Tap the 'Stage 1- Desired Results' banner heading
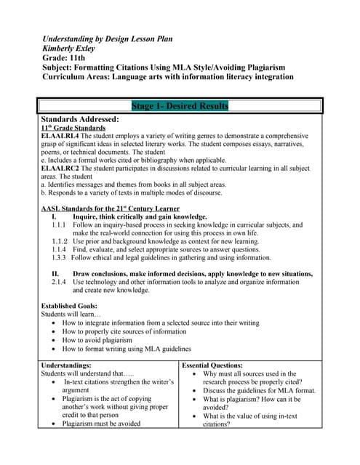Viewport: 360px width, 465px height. (180, 106)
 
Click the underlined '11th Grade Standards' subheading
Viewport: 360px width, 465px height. (72, 127)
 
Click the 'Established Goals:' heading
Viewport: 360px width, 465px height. (69, 306)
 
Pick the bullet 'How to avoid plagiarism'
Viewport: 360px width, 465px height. (97, 339)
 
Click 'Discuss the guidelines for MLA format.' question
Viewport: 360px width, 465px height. (259, 390)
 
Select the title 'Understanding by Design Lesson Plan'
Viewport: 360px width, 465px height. (108, 38)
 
